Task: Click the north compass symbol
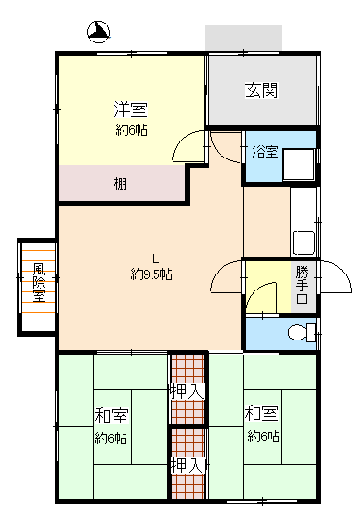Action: point(98,32)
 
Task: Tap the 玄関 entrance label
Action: point(262,91)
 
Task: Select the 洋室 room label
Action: point(130,108)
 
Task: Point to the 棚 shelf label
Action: point(121,184)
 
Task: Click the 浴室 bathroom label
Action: point(265,151)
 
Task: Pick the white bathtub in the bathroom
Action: point(299,165)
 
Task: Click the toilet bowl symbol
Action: point(302,333)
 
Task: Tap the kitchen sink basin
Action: point(303,242)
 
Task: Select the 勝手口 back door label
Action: point(302,285)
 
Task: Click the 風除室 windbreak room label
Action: point(39,283)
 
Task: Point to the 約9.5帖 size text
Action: point(152,274)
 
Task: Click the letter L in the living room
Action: point(155,259)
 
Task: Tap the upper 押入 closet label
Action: point(187,390)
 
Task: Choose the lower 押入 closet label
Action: point(188,466)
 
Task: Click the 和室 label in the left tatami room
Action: point(111,415)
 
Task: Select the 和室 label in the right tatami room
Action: point(261,413)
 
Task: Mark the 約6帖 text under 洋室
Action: point(131,130)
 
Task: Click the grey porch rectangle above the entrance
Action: point(243,37)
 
